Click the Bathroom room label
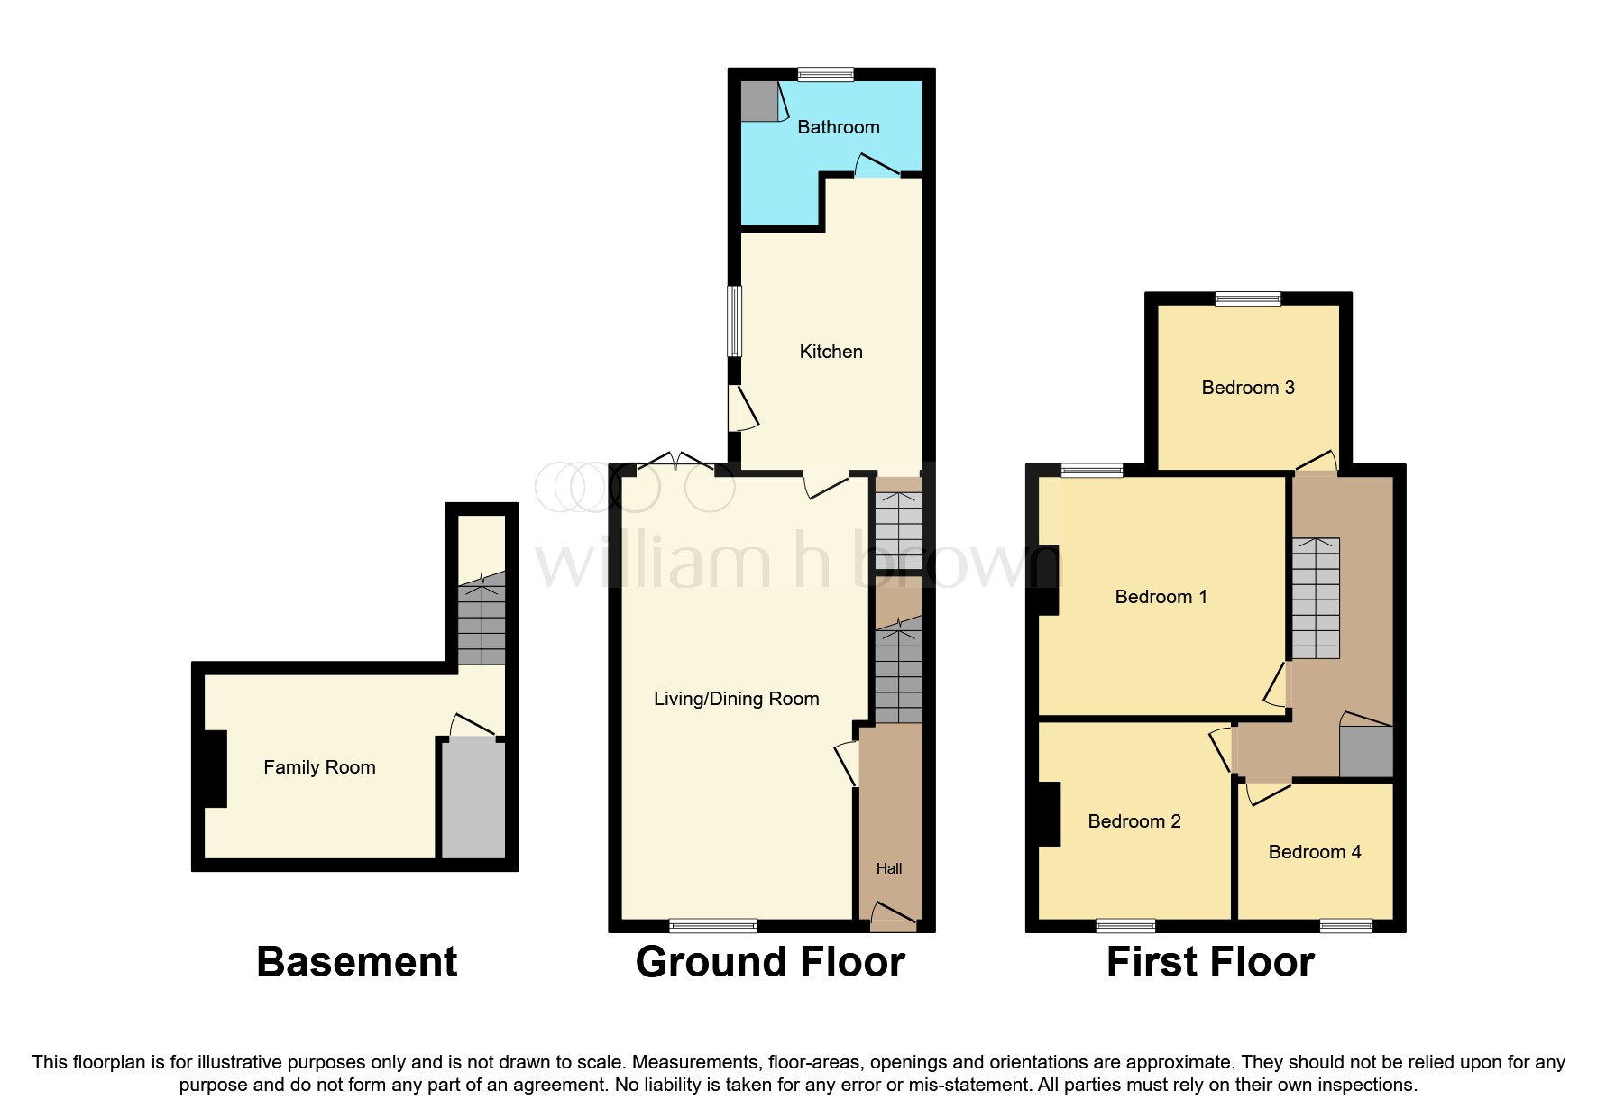[x=838, y=127]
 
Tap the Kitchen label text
[x=831, y=352]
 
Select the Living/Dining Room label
[x=736, y=699]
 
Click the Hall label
[x=888, y=868]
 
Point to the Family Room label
[x=319, y=767]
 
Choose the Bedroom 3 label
[x=1247, y=388]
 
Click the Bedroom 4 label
[x=1314, y=852]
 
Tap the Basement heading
[x=356, y=962]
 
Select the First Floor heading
[x=1209, y=962]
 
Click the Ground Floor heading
[x=769, y=962]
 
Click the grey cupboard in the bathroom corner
[x=758, y=101]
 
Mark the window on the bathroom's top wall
[x=825, y=75]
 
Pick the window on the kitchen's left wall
[x=735, y=321]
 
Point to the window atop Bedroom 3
[x=1247, y=299]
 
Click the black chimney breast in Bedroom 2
[x=1048, y=813]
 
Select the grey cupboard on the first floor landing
[x=1365, y=751]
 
